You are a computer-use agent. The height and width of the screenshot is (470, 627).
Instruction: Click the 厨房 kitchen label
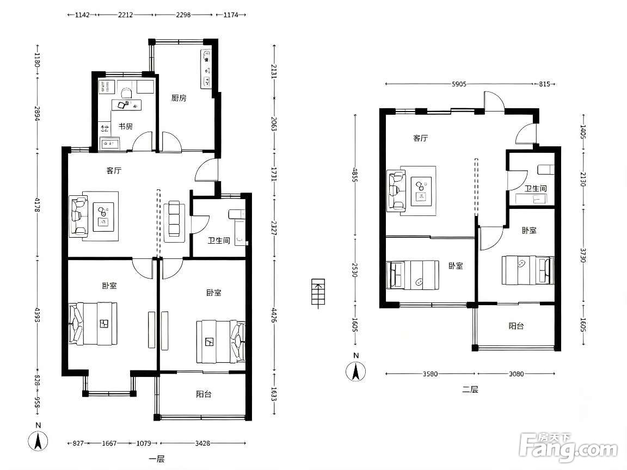179,98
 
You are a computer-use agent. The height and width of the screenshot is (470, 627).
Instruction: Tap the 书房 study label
125,126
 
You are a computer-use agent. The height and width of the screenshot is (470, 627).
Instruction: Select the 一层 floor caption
156,459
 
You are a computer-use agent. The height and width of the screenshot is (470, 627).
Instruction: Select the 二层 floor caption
470,389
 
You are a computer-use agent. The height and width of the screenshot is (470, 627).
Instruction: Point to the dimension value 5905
459,84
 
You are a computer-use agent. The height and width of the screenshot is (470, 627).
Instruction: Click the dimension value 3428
202,443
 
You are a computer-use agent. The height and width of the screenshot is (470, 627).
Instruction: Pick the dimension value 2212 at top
125,15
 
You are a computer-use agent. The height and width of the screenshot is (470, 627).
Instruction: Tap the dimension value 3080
516,374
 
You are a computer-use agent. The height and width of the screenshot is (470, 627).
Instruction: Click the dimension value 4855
355,174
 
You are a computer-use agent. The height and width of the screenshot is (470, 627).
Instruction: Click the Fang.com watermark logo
569,448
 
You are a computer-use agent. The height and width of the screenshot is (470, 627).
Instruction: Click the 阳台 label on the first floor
204,394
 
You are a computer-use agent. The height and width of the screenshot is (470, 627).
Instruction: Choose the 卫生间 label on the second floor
536,188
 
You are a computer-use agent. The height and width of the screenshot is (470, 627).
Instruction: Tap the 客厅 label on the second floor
420,138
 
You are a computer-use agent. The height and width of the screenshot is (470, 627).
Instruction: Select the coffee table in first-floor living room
103,217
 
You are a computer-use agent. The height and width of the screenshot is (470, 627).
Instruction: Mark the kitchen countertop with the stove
206,69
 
